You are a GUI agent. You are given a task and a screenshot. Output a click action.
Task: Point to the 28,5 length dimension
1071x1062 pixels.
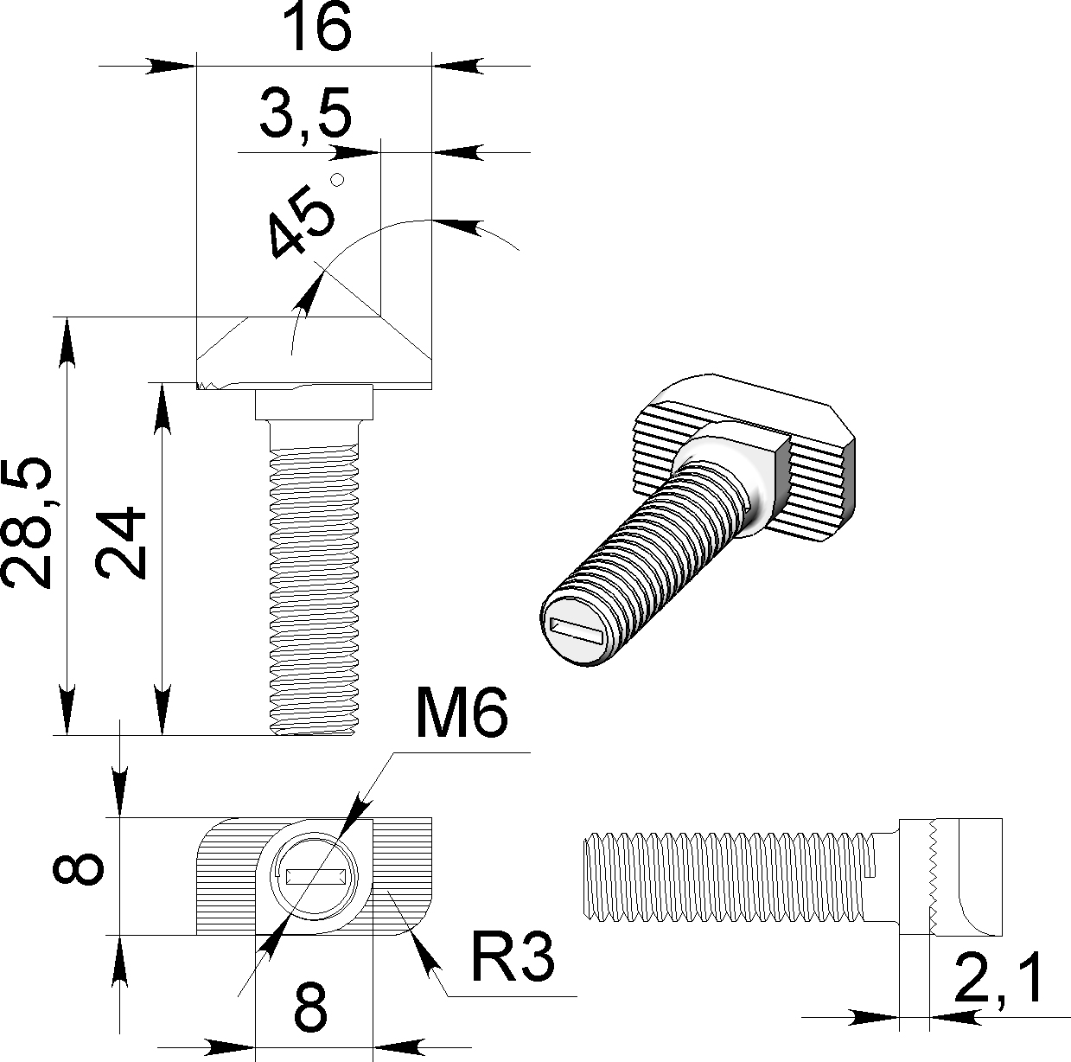coord(28,524)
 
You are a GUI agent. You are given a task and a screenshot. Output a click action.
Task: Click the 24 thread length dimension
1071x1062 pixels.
coord(121,543)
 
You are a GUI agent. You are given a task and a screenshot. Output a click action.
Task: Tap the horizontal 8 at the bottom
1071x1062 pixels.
coord(311,1007)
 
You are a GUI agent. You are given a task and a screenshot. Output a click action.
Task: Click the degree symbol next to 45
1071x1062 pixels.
coord(338,179)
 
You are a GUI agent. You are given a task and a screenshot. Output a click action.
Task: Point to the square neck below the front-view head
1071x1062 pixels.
coord(315,403)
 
